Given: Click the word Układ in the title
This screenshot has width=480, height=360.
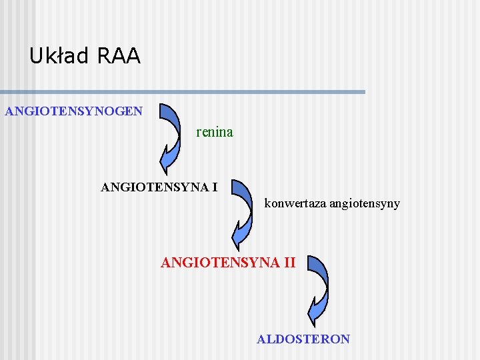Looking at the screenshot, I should [59, 56].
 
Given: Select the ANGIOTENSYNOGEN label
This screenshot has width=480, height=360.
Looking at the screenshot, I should [73, 111].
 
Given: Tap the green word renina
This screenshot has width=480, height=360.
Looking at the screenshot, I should [215, 132].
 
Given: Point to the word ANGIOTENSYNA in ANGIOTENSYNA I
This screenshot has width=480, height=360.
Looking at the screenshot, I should [154, 187].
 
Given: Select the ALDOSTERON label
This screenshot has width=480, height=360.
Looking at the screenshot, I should [303, 339].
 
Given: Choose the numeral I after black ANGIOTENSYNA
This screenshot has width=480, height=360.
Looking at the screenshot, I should [215, 187].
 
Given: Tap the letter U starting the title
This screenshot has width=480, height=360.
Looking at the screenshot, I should [35, 56].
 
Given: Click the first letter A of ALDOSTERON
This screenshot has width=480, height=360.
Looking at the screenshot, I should [261, 339].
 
